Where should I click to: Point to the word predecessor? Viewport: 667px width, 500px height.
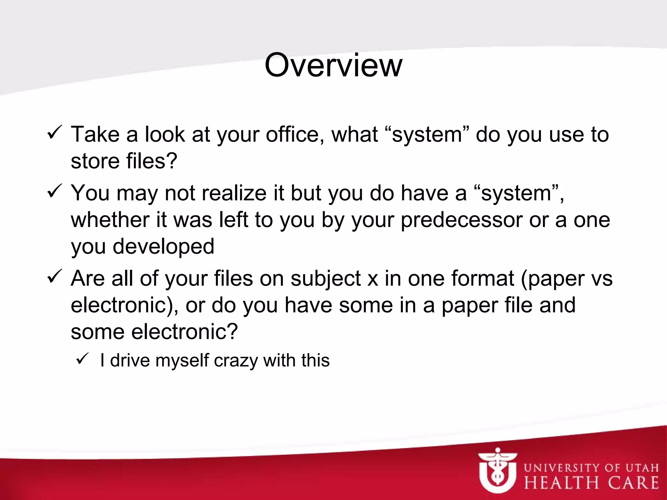pyautogui.click(x=461, y=220)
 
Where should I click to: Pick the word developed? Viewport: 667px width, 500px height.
pyautogui.click(x=163, y=246)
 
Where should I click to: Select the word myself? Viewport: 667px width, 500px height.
pyautogui.click(x=182, y=361)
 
